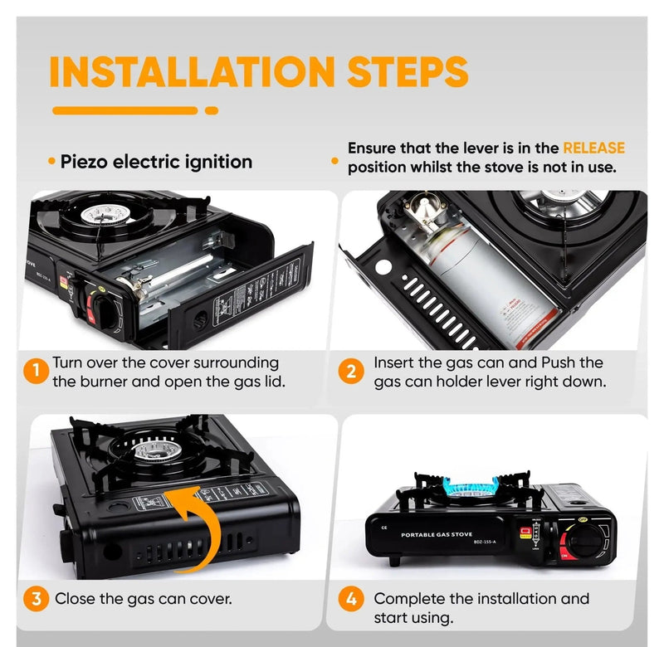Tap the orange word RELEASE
[x=593, y=148]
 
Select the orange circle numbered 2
[x=352, y=372]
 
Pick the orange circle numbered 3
[x=35, y=598]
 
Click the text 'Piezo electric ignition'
[x=156, y=161]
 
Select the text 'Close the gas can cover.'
[x=143, y=598]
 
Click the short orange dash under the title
[x=212, y=109]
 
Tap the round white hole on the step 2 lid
[x=384, y=268]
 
